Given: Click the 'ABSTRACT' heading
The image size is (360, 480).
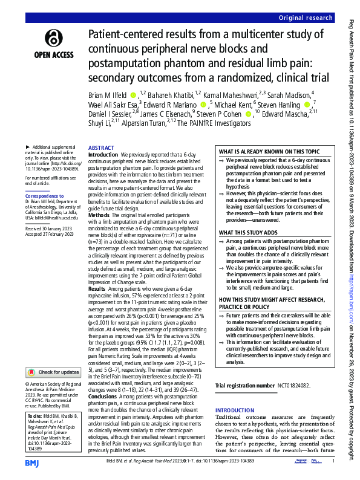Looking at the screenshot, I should point(101,148).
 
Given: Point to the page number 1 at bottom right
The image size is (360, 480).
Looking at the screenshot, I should point(333,462).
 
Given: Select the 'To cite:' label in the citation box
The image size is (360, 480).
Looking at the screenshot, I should point(36,416).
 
